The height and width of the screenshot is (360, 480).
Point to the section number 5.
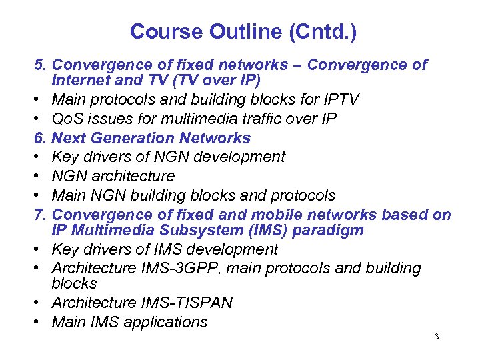41,65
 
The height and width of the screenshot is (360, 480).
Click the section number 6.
41,139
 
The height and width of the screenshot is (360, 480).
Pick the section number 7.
41,215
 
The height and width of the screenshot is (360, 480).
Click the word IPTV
339,100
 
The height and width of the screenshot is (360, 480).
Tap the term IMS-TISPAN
187,303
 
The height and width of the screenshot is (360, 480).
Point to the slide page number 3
436,337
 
